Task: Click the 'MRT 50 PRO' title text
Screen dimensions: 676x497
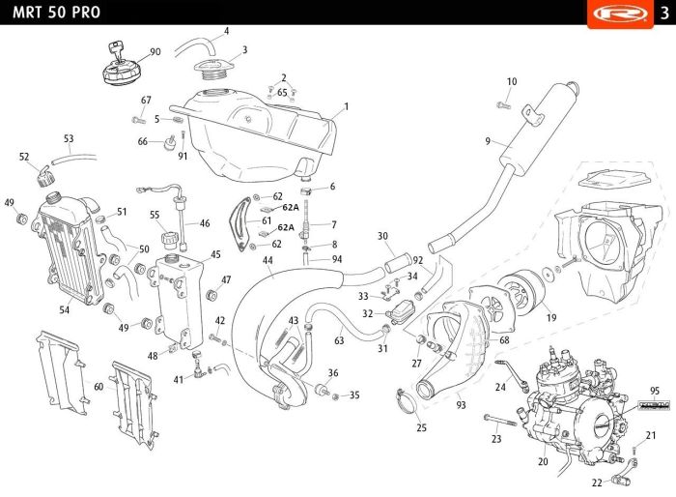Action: pyautogui.click(x=56, y=13)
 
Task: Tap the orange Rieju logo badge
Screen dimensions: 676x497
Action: pyautogui.click(x=620, y=14)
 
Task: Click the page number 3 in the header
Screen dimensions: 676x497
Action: pyautogui.click(x=664, y=13)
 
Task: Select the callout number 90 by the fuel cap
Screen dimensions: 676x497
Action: pyautogui.click(x=155, y=52)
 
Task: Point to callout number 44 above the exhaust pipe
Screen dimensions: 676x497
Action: pyautogui.click(x=268, y=260)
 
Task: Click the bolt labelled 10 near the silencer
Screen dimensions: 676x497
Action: pyautogui.click(x=503, y=104)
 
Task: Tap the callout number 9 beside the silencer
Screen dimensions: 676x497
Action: pyautogui.click(x=488, y=141)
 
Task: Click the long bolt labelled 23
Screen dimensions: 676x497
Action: pyautogui.click(x=500, y=420)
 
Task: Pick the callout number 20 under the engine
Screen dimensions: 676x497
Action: pyautogui.click(x=543, y=461)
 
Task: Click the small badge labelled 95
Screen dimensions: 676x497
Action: pyautogui.click(x=654, y=405)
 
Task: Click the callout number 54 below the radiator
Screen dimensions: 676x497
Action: pyautogui.click(x=65, y=309)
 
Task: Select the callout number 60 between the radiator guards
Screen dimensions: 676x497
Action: pyautogui.click(x=99, y=387)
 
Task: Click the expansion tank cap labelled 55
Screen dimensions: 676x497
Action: pyautogui.click(x=169, y=240)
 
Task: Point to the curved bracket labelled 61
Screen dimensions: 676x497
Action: pyautogui.click(x=239, y=224)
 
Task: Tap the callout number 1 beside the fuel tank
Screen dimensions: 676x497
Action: pyautogui.click(x=346, y=106)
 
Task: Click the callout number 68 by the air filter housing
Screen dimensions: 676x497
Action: pyautogui.click(x=504, y=340)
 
